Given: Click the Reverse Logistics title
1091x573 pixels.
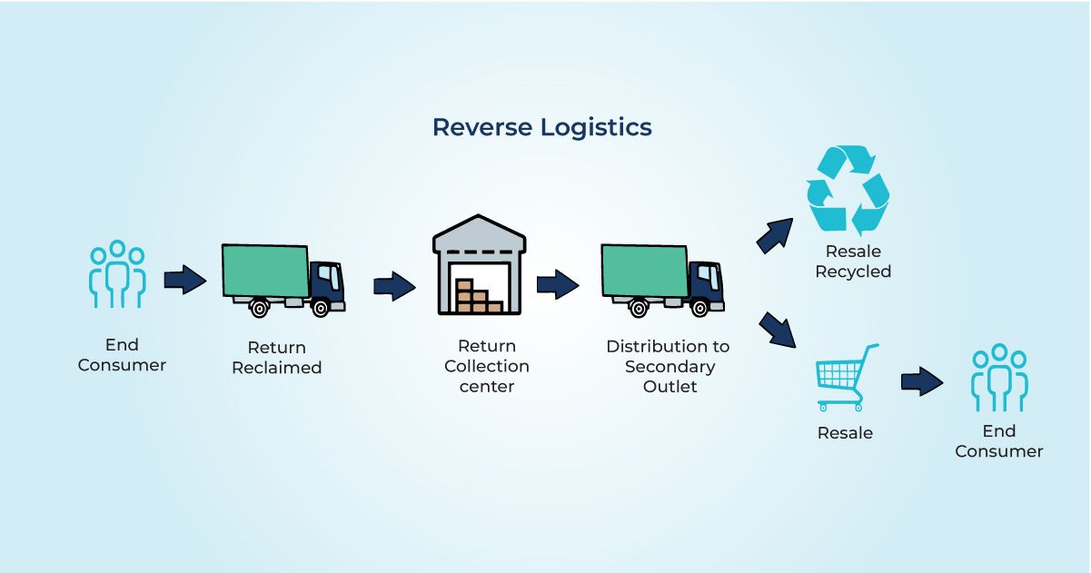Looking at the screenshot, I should [541, 127].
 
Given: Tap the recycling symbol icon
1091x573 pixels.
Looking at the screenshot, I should [848, 191].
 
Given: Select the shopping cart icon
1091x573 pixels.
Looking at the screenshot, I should [846, 378].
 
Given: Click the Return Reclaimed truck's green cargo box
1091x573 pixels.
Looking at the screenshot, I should [265, 271].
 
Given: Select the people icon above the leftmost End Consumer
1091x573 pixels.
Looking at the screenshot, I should [117, 274].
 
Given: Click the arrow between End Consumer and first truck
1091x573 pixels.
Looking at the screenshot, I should [185, 281].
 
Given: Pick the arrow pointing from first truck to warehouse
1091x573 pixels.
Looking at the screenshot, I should [394, 286].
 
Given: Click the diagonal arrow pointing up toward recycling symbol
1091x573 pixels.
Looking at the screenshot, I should [774, 235].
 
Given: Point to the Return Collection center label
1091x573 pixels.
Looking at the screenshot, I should [486, 366].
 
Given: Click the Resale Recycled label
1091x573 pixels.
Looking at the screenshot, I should [853, 262].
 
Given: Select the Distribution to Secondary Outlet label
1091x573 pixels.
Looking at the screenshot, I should [668, 366].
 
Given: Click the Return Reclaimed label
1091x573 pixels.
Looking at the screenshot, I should [276, 358].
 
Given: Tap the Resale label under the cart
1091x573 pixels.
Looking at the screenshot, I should [845, 433].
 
